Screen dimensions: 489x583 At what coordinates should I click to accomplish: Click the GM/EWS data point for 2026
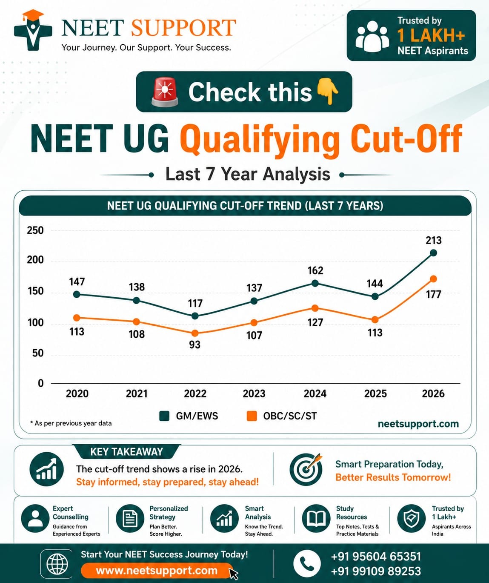click(433, 253)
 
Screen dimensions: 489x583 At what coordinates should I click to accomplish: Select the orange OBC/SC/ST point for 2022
click(195, 333)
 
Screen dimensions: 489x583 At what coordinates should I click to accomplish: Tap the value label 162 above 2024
click(315, 270)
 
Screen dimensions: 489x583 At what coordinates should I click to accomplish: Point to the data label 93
click(194, 345)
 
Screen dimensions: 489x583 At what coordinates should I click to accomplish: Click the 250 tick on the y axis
click(35, 230)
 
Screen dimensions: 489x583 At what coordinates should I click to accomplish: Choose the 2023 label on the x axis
click(254, 393)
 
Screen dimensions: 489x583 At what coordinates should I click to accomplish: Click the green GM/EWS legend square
click(164, 416)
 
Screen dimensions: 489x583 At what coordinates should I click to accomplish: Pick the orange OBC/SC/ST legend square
click(252, 416)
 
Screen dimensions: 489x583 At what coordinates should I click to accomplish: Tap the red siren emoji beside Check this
click(165, 92)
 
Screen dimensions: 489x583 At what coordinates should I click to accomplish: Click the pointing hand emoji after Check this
click(328, 91)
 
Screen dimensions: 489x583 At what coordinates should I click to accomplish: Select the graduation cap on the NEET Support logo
click(33, 14)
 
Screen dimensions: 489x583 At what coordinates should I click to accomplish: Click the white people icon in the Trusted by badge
click(372, 36)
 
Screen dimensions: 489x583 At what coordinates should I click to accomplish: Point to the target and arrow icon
click(306, 469)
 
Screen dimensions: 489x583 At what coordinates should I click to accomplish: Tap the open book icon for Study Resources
click(316, 519)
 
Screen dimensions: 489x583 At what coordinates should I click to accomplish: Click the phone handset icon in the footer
click(307, 563)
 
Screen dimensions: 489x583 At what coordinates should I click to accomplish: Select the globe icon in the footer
click(57, 564)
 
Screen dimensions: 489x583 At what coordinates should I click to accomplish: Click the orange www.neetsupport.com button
click(157, 570)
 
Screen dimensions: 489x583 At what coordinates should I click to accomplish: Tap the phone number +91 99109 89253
click(376, 571)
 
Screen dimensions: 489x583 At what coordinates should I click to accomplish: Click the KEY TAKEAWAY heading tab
click(126, 451)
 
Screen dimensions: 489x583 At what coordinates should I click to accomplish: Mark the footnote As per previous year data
click(71, 423)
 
